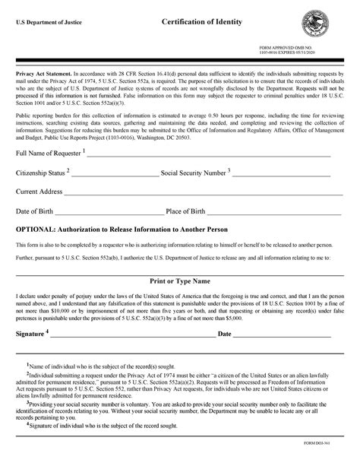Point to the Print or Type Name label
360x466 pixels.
(x=180, y=281)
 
